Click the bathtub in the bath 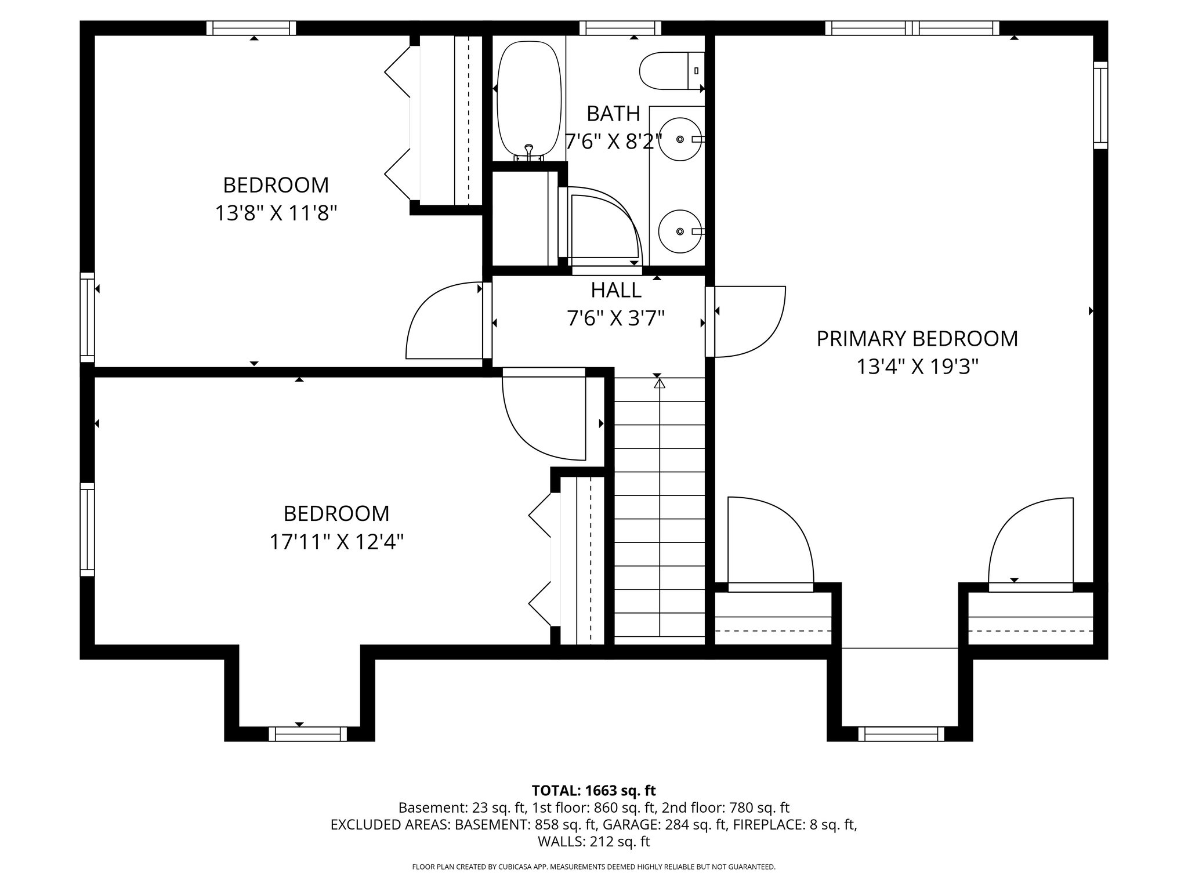pos(529,99)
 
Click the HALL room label pos(615,290)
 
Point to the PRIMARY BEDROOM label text pos(917,339)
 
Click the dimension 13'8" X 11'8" pos(276,213)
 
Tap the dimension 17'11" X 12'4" pos(336,542)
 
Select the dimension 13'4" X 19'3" pos(917,367)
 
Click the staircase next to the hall pos(660,510)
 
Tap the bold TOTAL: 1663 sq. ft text pos(593,790)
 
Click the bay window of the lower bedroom pos(307,734)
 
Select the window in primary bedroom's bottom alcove pos(901,734)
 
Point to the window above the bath pos(620,28)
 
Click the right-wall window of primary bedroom pos(1100,106)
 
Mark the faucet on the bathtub pos(528,152)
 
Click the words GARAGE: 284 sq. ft pos(665,824)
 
